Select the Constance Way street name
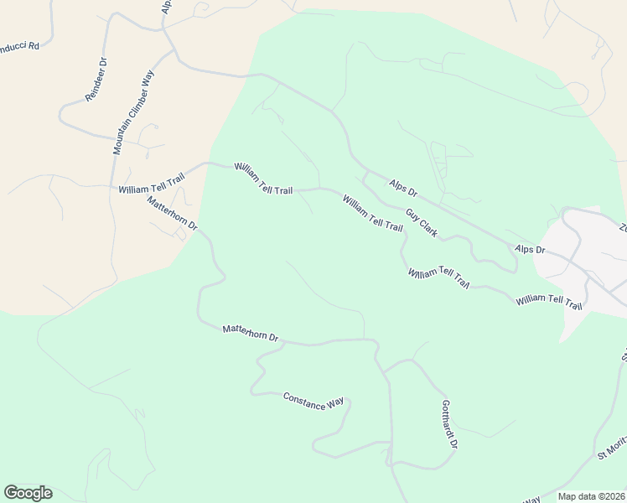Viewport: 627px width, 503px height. point(313,402)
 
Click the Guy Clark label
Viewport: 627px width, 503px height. point(422,222)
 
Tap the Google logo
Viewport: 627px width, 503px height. point(28,493)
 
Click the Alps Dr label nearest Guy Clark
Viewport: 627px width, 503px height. point(403,189)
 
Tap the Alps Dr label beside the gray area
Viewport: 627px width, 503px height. point(530,250)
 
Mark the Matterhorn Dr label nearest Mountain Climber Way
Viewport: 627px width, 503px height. point(171,214)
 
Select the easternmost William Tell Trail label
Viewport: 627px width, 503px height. point(549,302)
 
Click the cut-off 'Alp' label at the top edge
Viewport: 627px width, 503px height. point(166,7)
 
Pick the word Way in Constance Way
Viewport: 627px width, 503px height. point(334,405)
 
